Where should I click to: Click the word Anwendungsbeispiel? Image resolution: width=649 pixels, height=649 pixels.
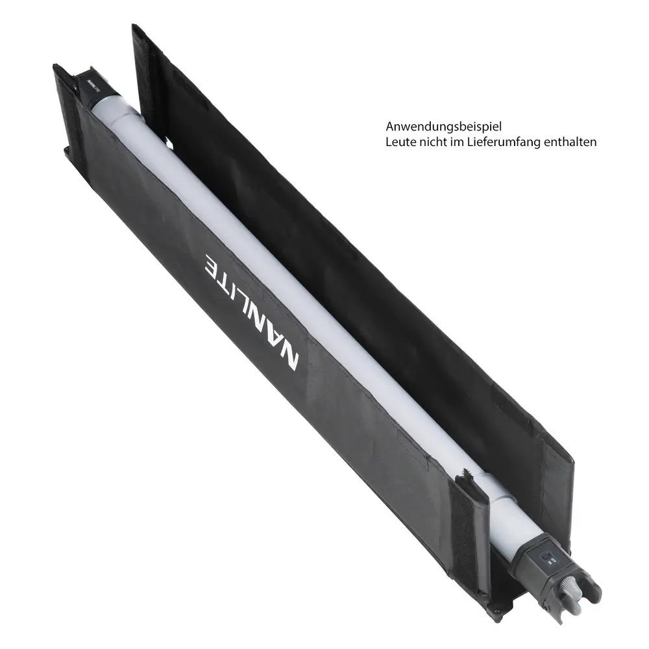(x=444, y=127)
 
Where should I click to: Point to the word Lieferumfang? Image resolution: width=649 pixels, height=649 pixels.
(x=504, y=142)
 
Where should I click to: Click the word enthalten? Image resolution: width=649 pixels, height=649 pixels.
(x=570, y=142)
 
